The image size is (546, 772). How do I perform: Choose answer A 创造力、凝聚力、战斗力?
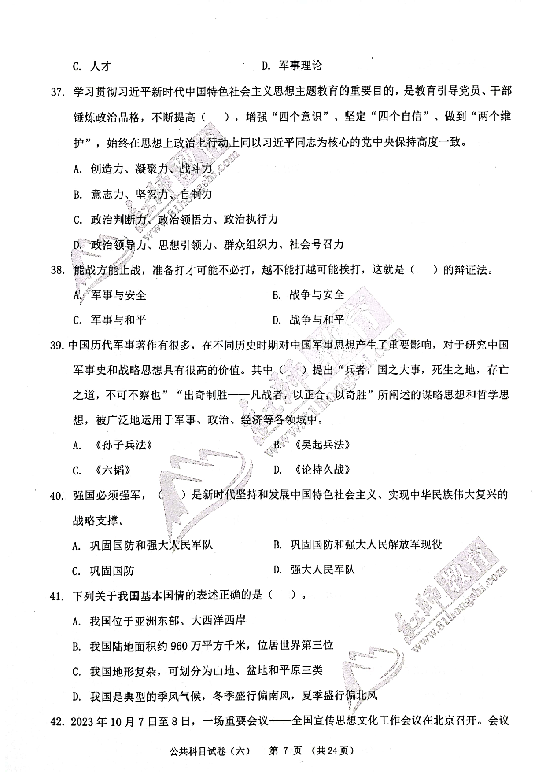click(151, 169)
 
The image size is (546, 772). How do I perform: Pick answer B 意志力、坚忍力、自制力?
click(151, 194)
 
